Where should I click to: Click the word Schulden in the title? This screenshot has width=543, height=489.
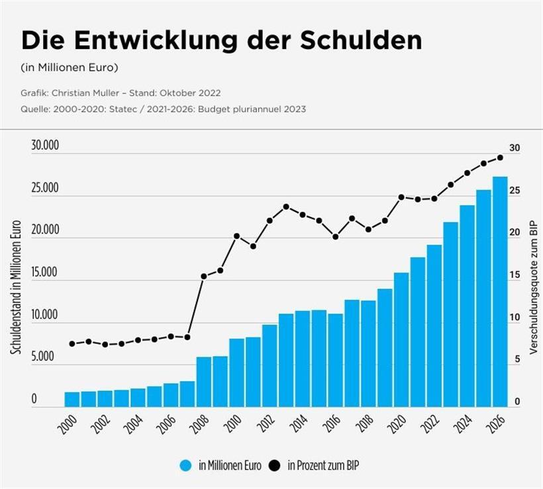[361, 40]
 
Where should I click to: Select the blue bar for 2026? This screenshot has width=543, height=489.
[501, 291]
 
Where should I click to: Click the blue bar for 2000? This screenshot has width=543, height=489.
[72, 399]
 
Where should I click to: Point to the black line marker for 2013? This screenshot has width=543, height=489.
[286, 206]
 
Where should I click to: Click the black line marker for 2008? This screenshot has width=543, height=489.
[204, 276]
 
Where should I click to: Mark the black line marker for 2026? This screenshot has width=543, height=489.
[501, 157]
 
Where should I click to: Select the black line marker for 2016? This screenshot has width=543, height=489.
[336, 236]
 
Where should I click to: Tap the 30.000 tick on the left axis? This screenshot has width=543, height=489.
[45, 146]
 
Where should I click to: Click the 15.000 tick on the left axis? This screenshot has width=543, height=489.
[45, 273]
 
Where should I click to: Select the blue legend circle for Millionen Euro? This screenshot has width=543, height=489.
[186, 465]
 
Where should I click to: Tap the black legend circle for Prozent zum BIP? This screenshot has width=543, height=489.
[275, 465]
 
